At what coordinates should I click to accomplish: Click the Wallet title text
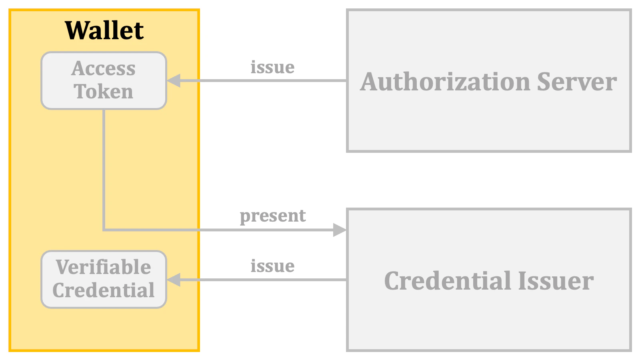pos(104,30)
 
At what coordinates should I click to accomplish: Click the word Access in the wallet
pos(104,68)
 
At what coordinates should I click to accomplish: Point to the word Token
pos(104,92)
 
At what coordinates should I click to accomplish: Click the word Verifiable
pos(104,267)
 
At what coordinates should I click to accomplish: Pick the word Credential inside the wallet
pos(104,290)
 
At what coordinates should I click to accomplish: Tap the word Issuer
pos(556,281)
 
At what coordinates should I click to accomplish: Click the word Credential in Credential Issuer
pos(448,281)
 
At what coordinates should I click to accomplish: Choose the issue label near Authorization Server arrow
pos(272,67)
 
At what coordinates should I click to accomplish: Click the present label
pos(272,216)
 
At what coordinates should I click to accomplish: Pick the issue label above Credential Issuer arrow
pos(272,266)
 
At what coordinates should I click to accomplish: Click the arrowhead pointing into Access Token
pos(174,80)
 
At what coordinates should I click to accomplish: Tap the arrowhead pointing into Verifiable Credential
pos(174,280)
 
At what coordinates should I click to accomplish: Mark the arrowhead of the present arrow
pos(340,230)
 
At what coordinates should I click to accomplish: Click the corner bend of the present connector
pos(104,230)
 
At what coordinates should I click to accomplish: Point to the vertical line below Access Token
pos(104,168)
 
